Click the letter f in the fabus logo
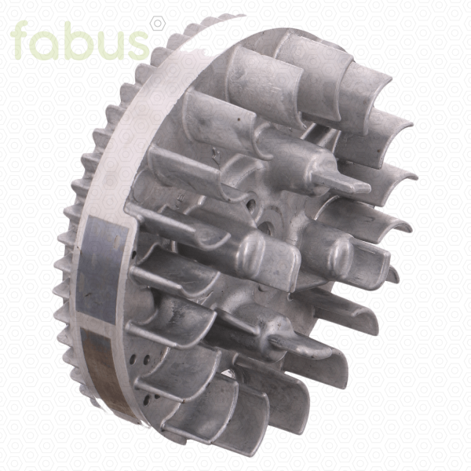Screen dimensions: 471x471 point(20,40)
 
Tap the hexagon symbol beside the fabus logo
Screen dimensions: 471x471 point(158,24)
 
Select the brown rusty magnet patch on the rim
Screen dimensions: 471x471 point(108,372)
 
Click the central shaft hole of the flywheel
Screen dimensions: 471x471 point(265,228)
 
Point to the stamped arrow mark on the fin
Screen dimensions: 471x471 point(216,153)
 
